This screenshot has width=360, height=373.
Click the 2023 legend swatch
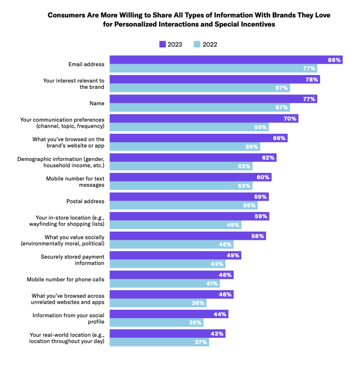[162, 44]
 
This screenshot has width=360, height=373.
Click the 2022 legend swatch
[197, 44]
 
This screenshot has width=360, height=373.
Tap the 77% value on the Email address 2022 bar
[309, 68]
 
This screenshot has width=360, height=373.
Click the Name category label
[97, 103]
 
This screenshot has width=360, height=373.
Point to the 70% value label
[290, 118]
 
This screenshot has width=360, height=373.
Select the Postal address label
[85, 201]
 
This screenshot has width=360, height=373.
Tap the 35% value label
[195, 323]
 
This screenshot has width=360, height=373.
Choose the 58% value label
[258, 236]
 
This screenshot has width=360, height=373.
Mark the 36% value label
[198, 303]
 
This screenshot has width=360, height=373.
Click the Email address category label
[86, 64]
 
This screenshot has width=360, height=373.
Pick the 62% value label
[268, 158]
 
